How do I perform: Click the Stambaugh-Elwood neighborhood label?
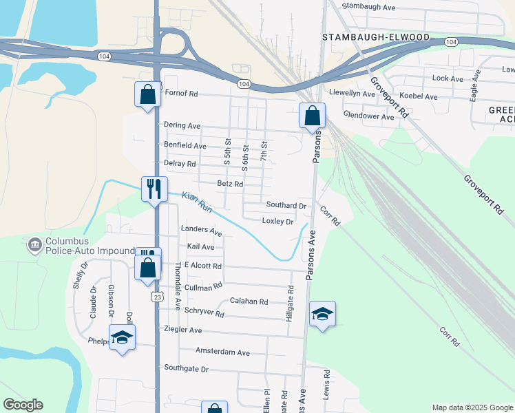[x=376, y=36]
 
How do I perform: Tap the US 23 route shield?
[x=158, y=297]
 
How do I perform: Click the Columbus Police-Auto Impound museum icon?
[x=34, y=244]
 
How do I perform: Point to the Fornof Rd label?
[x=180, y=94]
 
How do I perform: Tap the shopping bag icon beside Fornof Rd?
[x=147, y=95]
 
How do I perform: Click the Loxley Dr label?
[x=277, y=221]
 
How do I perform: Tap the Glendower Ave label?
[x=368, y=116]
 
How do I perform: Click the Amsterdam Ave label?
[x=222, y=352]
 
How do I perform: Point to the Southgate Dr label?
[x=185, y=369]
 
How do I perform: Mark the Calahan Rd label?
[x=249, y=301]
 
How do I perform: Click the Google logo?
[x=23, y=405]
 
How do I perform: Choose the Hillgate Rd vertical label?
[x=290, y=304]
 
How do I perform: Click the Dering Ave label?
[x=182, y=125]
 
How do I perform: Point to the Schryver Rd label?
[x=204, y=313]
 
